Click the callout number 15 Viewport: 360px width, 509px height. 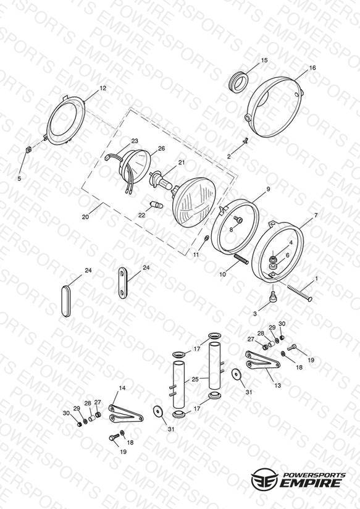click(264, 60)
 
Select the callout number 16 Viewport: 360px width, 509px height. click(312, 67)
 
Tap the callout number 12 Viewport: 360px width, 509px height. click(103, 88)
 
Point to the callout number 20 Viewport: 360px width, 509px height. click(85, 217)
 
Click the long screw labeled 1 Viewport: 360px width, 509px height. click(299, 292)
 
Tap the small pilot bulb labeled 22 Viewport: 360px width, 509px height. click(156, 205)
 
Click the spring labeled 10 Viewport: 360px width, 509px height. click(241, 259)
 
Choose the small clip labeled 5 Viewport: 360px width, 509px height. click(28, 149)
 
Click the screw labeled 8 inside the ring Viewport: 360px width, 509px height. click(239, 221)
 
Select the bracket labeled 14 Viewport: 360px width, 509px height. click(125, 414)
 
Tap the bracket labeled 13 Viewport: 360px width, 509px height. click(262, 361)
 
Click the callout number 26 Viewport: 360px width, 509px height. click(161, 149)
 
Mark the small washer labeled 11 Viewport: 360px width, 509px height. click(206, 239)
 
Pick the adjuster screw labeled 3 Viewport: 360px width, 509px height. click(273, 297)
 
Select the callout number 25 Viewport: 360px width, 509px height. click(195, 379)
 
